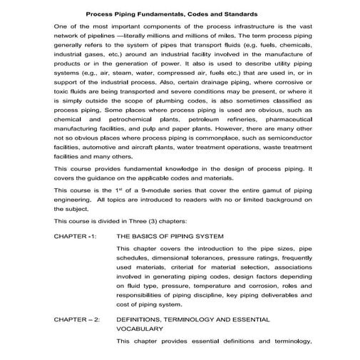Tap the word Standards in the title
point(239,14)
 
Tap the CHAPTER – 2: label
point(77,321)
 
